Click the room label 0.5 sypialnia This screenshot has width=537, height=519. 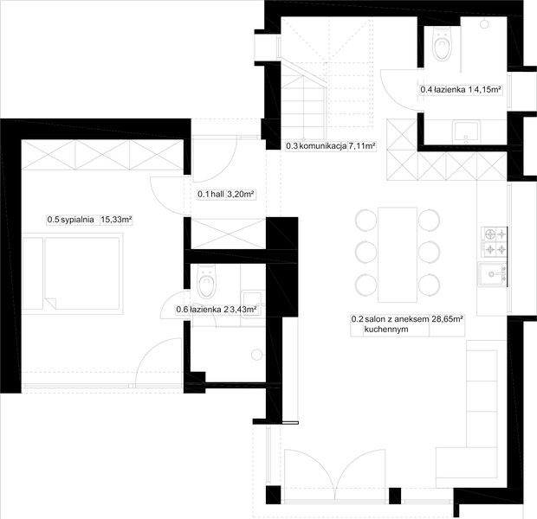click(69, 220)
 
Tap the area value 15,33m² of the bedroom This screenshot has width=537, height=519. click(116, 220)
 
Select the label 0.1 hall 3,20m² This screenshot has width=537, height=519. click(226, 195)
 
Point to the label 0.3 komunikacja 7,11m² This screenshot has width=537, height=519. click(330, 146)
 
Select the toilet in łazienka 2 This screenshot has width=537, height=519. click(206, 281)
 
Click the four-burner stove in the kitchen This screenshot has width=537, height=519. click(495, 241)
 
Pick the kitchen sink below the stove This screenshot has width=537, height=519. click(494, 276)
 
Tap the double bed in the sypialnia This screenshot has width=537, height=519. click(72, 273)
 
